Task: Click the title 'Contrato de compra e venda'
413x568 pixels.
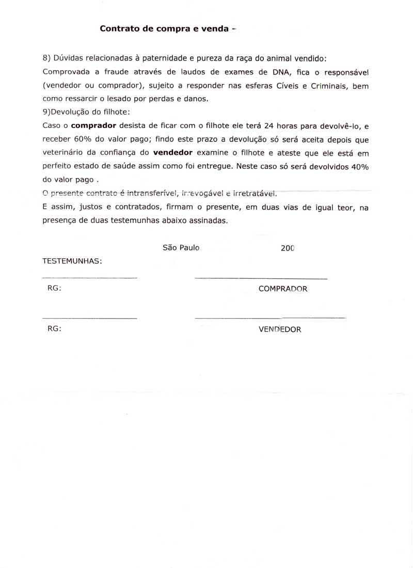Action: pyautogui.click(x=164, y=29)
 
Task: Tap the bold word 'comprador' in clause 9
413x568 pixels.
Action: pyautogui.click(x=93, y=126)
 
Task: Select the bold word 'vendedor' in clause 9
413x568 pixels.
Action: pyautogui.click(x=173, y=153)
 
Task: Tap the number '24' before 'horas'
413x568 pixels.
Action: pyautogui.click(x=268, y=126)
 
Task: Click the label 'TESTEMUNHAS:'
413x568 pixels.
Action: pyautogui.click(x=72, y=261)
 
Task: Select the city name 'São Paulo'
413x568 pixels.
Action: pyautogui.click(x=181, y=248)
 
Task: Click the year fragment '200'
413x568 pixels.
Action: pyautogui.click(x=288, y=248)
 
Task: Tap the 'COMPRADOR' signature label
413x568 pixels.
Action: pyautogui.click(x=283, y=289)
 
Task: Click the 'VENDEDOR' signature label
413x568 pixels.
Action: pyautogui.click(x=280, y=329)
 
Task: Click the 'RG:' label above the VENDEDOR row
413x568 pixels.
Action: pyautogui.click(x=54, y=289)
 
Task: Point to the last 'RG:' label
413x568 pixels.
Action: pyautogui.click(x=54, y=328)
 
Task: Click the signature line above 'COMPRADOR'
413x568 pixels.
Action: pyautogui.click(x=261, y=279)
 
